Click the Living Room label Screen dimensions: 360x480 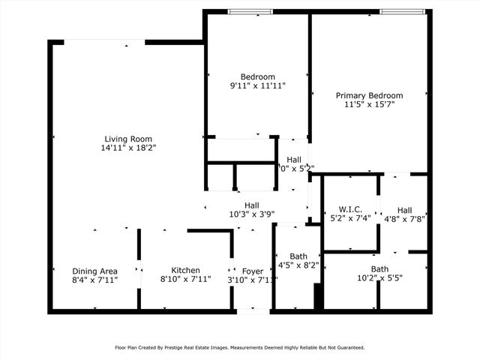pos(128,139)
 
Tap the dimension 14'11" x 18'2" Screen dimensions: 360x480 pos(128,148)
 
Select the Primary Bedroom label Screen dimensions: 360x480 pos(369,95)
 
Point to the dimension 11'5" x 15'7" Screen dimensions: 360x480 pos(369,105)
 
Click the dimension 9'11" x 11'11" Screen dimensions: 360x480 pos(257,86)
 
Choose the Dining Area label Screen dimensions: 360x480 pos(94,271)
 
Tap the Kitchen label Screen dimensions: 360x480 pos(185,271)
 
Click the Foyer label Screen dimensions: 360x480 pos(252,271)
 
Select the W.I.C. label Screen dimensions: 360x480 pos(350,209)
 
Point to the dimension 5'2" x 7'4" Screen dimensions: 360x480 pos(350,219)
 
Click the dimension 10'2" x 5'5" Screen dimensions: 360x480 pos(379,279)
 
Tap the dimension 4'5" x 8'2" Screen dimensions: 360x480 pos(298,265)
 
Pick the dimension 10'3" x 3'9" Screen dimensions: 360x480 pos(251,214)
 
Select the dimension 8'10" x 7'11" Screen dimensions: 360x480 pos(185,280)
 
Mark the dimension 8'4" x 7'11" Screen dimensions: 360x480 pos(94,280)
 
